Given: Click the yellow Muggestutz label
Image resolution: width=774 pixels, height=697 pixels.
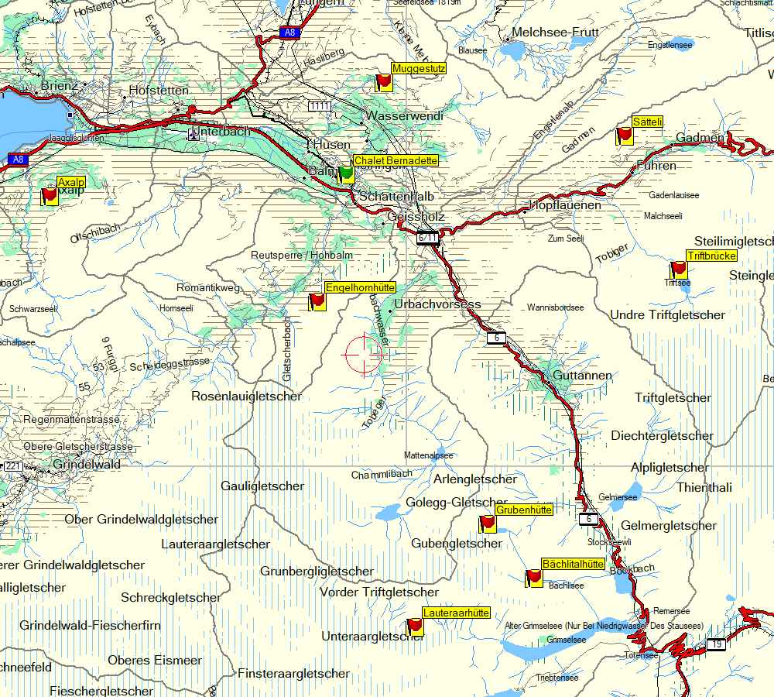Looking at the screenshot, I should coord(419,68).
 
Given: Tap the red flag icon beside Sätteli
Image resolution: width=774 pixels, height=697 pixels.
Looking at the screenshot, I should coord(624,136).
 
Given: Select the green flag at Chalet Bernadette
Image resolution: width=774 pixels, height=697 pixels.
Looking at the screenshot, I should coord(346,174).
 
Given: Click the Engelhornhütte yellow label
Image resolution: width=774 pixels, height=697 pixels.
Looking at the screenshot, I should coord(361,287).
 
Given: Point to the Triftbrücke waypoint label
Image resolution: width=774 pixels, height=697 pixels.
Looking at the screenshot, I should coord(711,256).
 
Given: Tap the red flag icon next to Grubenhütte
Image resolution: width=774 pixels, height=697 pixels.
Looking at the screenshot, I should coord(488,524).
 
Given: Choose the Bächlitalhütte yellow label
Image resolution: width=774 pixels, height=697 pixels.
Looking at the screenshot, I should coord(574,564).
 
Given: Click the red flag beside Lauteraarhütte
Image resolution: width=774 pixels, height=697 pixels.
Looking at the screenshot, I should coord(415,627).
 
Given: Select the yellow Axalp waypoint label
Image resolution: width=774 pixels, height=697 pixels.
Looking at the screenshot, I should coord(70,182).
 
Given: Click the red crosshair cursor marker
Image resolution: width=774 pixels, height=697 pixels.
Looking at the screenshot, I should coord(364,355).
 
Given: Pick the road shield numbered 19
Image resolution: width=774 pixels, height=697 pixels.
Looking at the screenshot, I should coord(716,644).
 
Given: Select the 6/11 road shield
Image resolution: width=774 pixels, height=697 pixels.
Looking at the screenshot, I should coord(427,238).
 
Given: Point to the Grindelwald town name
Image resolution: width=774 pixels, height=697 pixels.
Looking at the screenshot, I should coord(87,465).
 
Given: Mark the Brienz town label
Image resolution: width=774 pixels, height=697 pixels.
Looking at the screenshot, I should coord(60,85).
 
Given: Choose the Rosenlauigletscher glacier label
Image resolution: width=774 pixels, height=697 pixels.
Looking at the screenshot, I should coord(246,397).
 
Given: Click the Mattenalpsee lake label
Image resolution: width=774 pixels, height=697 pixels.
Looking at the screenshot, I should coord(429,456).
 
